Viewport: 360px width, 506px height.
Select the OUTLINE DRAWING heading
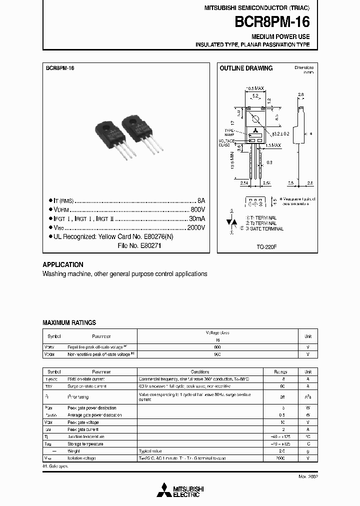pos(246,68)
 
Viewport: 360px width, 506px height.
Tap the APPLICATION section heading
pos(63,264)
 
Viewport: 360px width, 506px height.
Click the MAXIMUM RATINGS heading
pos(69,323)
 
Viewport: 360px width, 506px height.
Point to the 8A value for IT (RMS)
pos(201,200)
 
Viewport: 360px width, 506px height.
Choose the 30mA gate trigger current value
pos(196,218)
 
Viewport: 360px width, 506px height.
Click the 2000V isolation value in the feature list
pos(195,227)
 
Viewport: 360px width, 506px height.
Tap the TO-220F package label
pos(267,246)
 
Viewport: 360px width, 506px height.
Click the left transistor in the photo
pos(113,136)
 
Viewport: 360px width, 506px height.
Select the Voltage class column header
pos(217,332)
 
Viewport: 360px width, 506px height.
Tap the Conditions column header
pos(200,372)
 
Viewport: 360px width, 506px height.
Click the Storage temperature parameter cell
pos(85,444)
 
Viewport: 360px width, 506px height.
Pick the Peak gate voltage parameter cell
pos(83,422)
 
